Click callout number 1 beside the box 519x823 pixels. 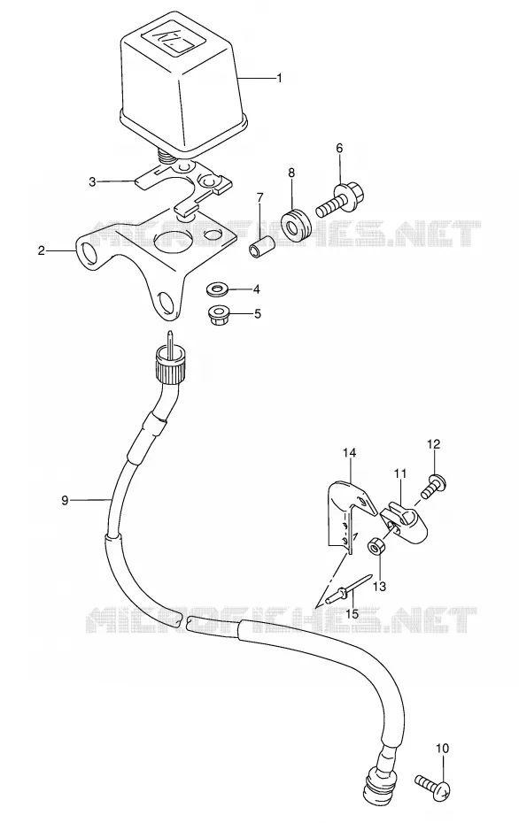point(280,78)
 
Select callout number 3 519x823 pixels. point(92,181)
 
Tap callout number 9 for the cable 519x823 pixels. point(65,500)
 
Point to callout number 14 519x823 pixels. point(349,452)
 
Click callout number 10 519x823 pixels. point(442,748)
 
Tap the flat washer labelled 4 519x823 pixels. point(216,288)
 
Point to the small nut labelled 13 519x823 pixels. point(375,546)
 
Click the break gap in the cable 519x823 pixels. point(184,620)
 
